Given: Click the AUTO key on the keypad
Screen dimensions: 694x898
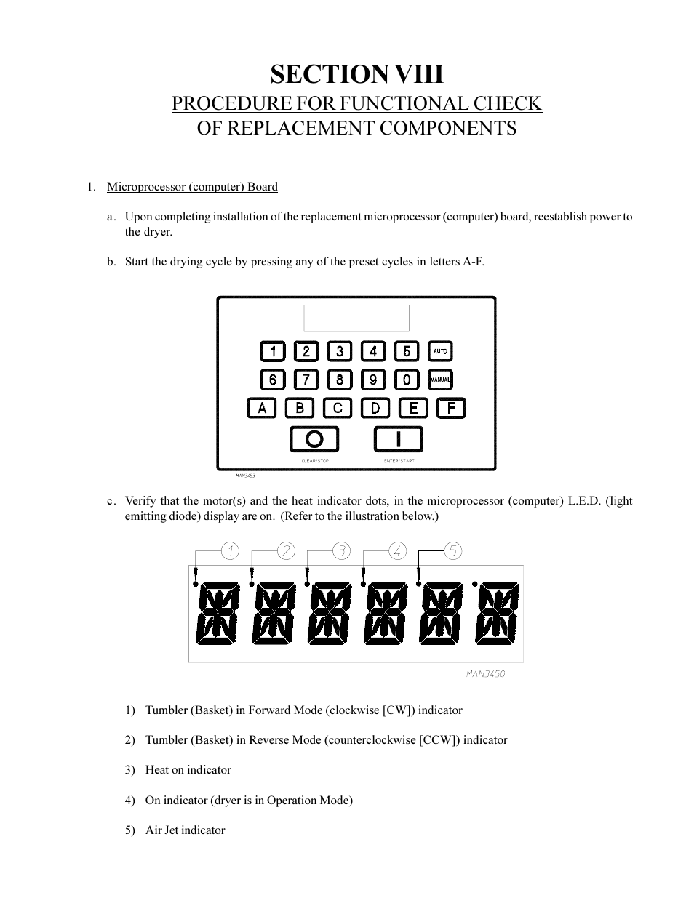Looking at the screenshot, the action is tap(440, 351).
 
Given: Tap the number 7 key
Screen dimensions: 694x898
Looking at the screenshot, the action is tap(306, 380).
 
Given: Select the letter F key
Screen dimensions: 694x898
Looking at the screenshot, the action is tap(451, 408).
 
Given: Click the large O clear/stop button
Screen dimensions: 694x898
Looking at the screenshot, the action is tap(314, 439).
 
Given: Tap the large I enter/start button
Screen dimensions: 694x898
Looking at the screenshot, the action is tap(398, 439).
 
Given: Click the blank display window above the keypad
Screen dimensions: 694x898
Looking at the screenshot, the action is tap(356, 318).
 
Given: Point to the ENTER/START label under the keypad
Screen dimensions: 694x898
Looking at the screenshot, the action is tap(399, 461).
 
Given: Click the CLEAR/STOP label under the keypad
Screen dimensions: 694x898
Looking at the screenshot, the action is tap(315, 461).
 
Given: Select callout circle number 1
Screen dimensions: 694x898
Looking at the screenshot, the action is tap(230, 551).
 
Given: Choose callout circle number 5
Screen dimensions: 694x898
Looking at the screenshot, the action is tap(453, 551).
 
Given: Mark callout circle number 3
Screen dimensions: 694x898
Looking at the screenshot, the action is tap(341, 551).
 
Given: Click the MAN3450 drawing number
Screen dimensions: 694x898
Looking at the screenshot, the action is tap(485, 674).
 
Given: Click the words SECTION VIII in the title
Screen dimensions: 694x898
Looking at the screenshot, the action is tap(356, 74).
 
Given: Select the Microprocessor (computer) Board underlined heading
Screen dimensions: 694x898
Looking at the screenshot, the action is tap(192, 187).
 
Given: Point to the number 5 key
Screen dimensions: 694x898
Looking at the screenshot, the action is tap(407, 352).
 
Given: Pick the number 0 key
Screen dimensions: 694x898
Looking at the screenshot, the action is tap(407, 380).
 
